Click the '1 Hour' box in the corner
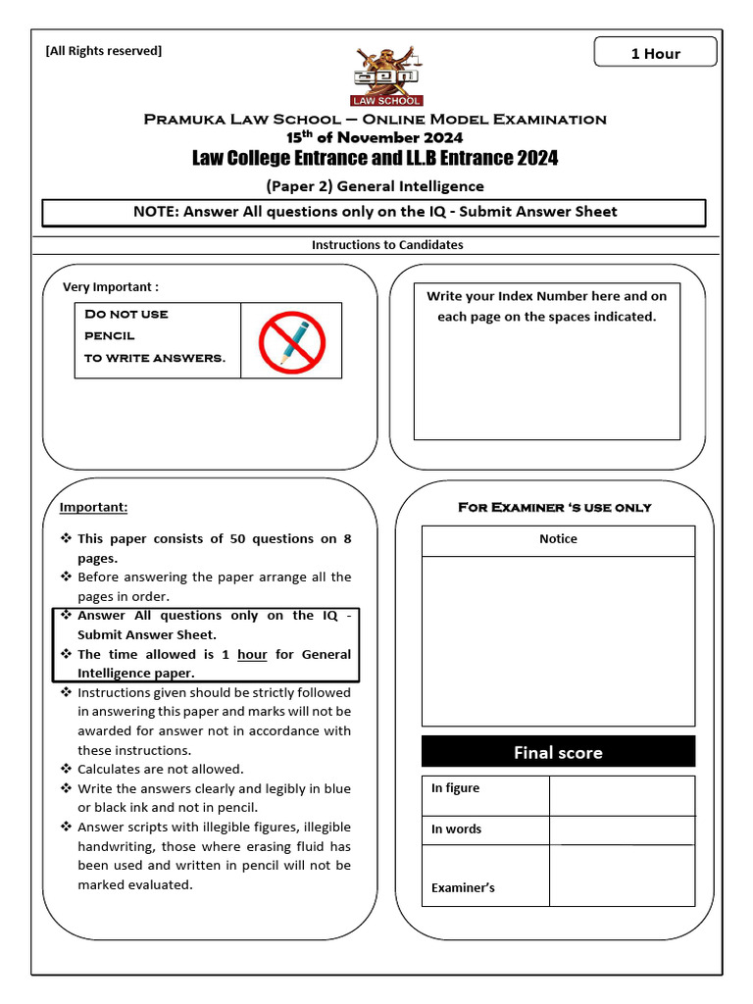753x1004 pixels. [655, 53]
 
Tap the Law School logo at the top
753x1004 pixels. [386, 75]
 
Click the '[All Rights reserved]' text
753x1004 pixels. [104, 51]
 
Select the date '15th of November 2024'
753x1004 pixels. [375, 137]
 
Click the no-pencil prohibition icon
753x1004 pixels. [291, 340]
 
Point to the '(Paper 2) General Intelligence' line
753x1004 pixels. [375, 186]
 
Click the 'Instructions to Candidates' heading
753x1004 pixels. [387, 245]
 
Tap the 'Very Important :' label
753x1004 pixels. [111, 287]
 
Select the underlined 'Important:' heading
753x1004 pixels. [93, 507]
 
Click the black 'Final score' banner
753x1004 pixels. [558, 752]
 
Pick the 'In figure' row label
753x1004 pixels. [456, 788]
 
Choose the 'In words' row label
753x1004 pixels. [457, 829]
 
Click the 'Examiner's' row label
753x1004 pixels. [464, 887]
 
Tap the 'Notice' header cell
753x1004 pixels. [558, 539]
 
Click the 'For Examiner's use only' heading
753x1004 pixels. [555, 507]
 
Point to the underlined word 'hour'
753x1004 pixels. [252, 654]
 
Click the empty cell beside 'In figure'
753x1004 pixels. [622, 795]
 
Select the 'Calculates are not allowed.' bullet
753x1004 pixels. [161, 770]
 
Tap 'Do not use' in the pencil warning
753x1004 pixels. [126, 315]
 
